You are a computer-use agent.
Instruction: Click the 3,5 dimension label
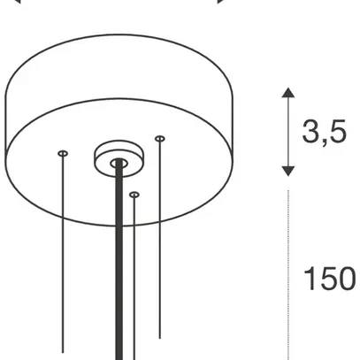[x=324, y=132]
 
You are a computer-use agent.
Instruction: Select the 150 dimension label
[x=329, y=279]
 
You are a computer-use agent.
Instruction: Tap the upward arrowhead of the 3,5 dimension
[x=288, y=92]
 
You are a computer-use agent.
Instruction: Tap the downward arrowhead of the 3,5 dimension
[x=288, y=172]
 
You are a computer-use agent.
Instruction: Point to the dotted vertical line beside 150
[x=288, y=275]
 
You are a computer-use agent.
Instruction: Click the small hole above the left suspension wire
[x=63, y=153]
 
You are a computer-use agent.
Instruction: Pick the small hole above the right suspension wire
[x=160, y=139]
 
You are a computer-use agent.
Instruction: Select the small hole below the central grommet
[x=134, y=195]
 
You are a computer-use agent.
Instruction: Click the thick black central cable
[x=119, y=259]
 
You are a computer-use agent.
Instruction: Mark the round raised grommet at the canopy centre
[x=119, y=158]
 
